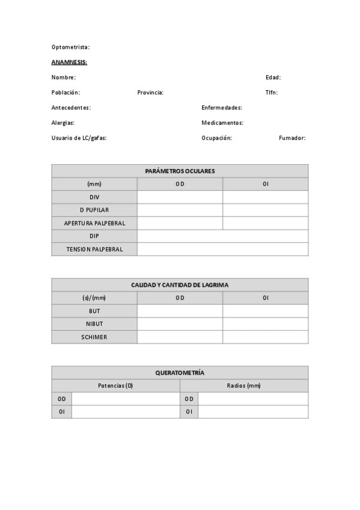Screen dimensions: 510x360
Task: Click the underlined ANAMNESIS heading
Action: coord(69,62)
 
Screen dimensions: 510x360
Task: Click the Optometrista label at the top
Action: coord(70,47)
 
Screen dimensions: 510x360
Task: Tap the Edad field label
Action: coord(273,78)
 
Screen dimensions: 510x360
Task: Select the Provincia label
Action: coord(150,93)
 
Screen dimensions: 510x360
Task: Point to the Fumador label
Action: coord(292,138)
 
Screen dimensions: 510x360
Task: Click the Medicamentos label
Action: coord(222,123)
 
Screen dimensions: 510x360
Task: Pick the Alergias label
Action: coord(63,123)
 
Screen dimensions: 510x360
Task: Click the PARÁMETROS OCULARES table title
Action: coord(180,171)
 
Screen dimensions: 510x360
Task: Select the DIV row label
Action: coord(94,197)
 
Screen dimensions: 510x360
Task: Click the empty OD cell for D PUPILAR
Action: coord(180,210)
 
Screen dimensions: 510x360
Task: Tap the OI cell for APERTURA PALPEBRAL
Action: coord(265,223)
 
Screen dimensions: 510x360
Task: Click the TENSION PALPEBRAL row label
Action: coord(94,249)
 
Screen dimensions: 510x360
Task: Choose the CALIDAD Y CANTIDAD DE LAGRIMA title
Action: coord(180,285)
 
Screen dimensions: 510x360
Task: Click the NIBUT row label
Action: coord(94,324)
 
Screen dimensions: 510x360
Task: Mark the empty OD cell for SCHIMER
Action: coord(180,337)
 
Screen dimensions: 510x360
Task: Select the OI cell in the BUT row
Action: coord(265,311)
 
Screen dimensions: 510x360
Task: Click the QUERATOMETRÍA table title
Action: coord(180,373)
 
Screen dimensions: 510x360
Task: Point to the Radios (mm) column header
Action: coord(244,386)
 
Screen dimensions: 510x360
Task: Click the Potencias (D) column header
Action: coord(115,386)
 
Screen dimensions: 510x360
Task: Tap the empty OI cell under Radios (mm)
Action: coord(253,412)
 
